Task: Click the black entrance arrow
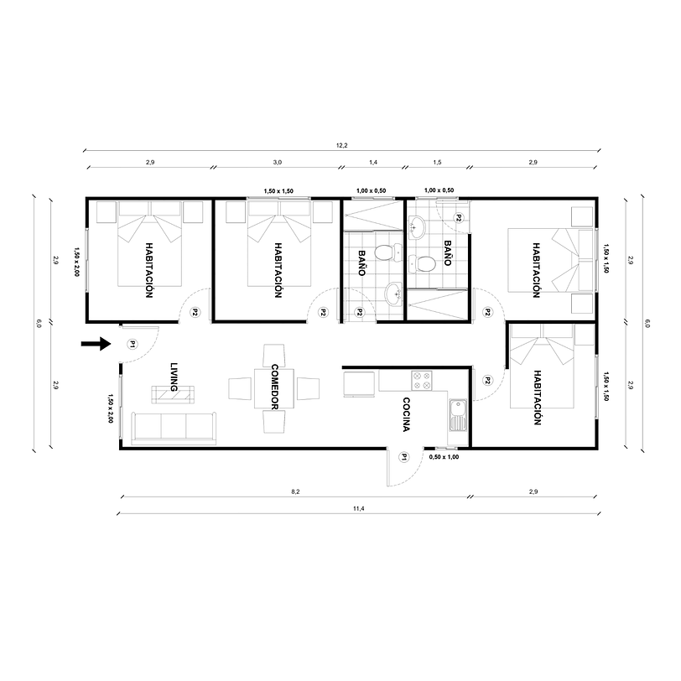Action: (97, 343)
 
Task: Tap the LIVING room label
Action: (174, 378)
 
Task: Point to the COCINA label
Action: (405, 414)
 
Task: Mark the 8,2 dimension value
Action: (294, 492)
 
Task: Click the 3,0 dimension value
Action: (278, 162)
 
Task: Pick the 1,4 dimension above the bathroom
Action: (373, 162)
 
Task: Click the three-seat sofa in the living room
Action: (174, 428)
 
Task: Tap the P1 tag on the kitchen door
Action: (403, 457)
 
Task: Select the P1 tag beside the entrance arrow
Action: (132, 344)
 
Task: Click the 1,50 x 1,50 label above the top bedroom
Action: (278, 191)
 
